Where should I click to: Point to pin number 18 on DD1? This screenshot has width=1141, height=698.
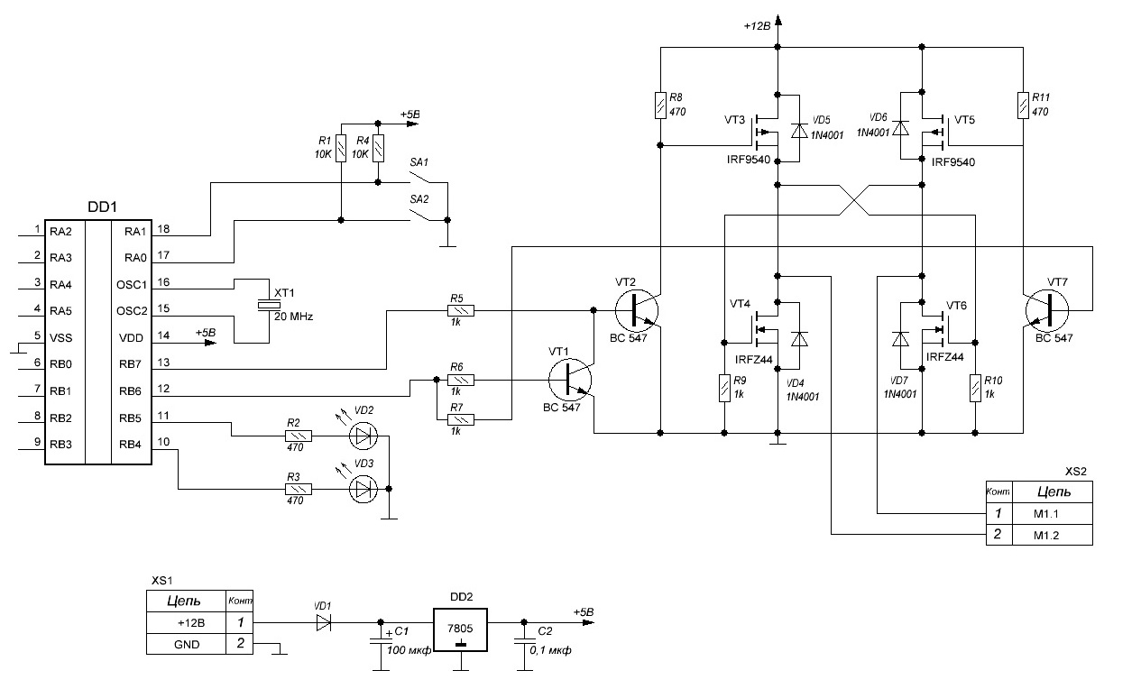(x=163, y=230)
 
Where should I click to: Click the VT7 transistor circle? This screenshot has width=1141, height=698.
(x=1048, y=311)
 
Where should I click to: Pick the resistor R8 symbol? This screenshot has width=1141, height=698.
(x=661, y=105)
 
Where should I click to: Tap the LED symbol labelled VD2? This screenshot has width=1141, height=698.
(x=364, y=436)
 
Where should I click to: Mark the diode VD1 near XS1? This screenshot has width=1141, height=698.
(x=325, y=622)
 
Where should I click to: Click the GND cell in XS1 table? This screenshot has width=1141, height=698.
(x=188, y=644)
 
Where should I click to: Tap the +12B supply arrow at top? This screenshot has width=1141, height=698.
(x=778, y=20)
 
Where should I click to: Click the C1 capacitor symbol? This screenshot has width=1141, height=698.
(x=379, y=641)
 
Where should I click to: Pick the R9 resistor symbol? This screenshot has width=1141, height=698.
(x=724, y=389)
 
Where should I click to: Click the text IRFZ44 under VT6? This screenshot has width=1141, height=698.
(x=945, y=357)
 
